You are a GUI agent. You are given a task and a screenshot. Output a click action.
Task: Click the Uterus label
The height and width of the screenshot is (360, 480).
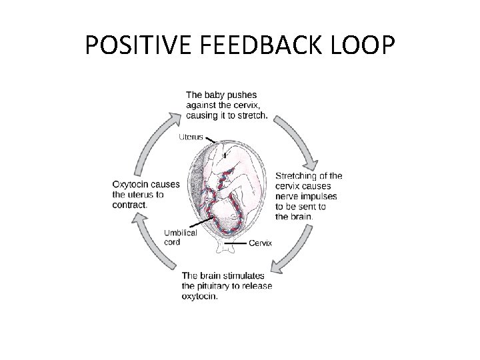(191, 137)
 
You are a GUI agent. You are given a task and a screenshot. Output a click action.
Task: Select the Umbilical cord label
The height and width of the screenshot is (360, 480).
(181, 237)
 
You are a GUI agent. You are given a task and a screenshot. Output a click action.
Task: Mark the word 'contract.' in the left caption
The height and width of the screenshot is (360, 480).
(130, 204)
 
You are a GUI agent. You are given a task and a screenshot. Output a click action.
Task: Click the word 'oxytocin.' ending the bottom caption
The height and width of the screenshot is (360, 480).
(199, 296)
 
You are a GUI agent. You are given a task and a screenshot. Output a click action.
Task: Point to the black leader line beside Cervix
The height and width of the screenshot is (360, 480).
(236, 244)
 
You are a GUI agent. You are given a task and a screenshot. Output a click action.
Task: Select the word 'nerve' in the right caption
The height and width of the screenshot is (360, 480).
(287, 197)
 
